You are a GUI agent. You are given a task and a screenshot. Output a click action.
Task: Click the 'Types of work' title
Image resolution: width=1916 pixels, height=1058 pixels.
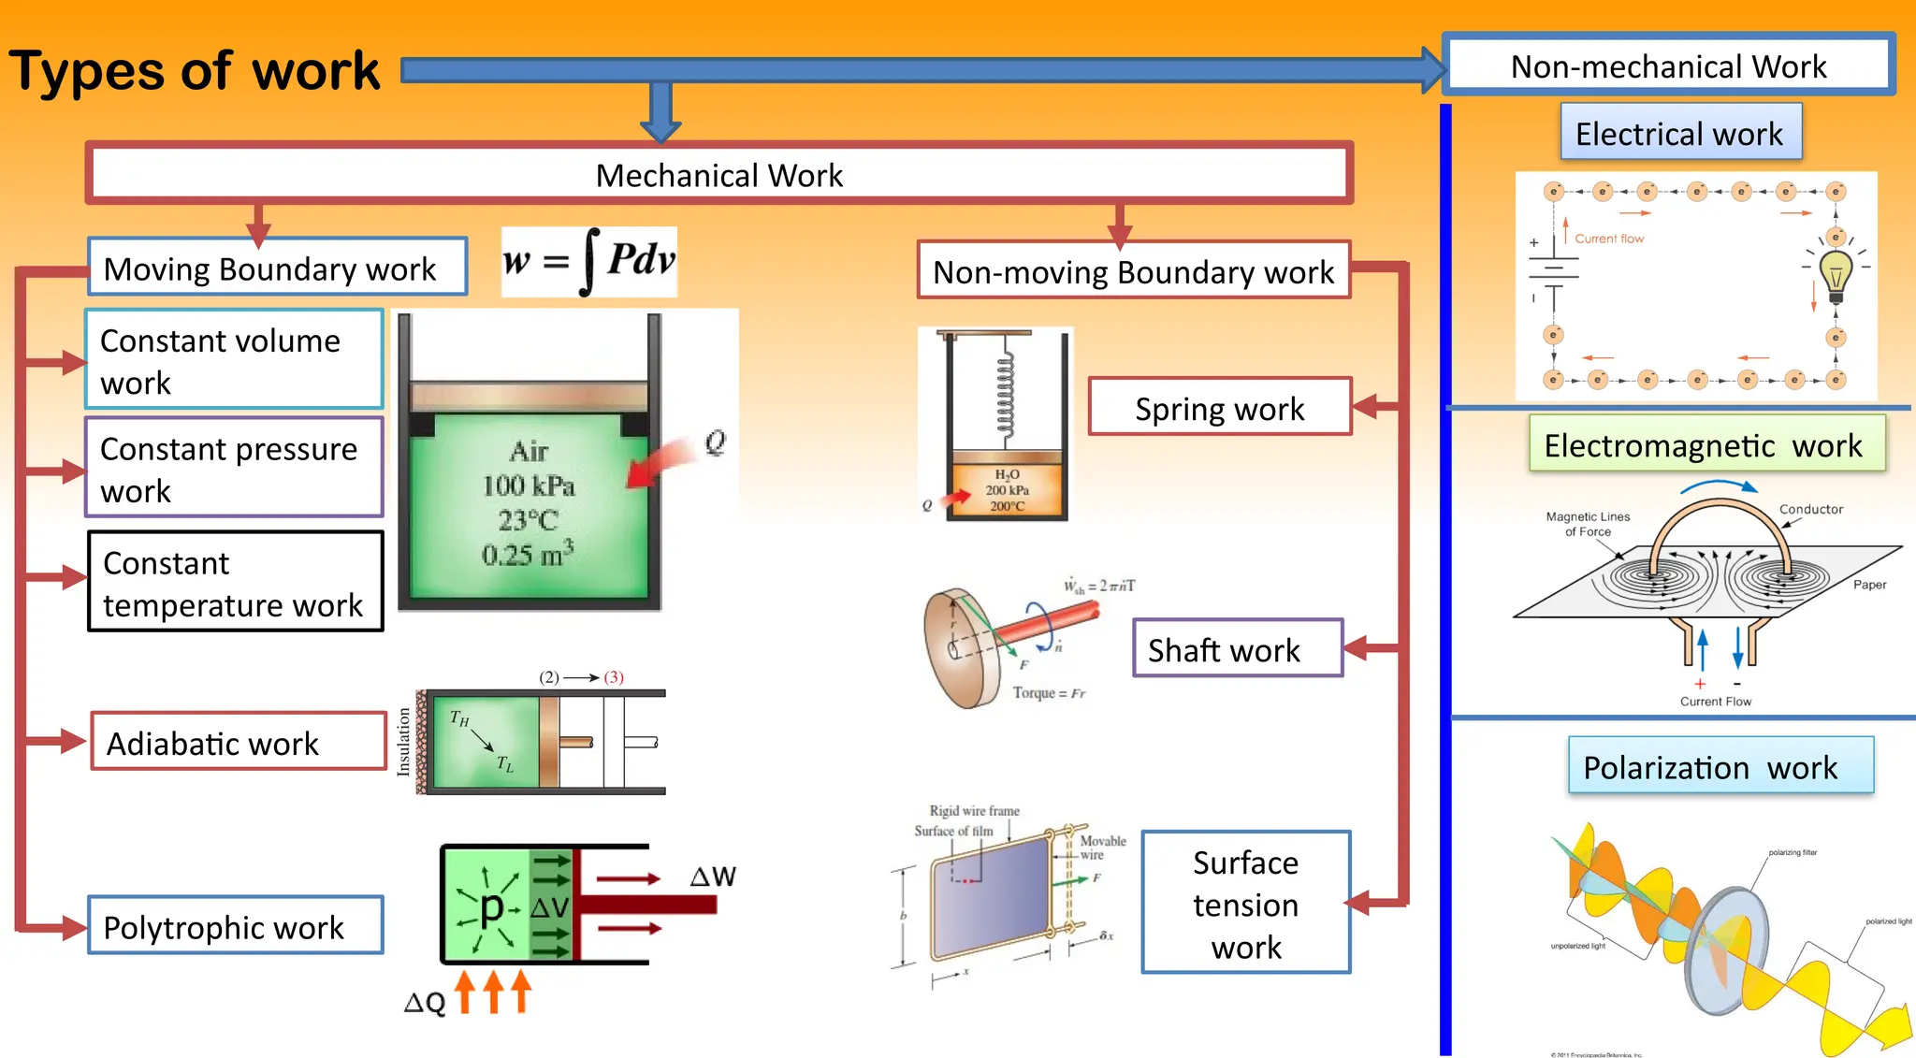tap(194, 71)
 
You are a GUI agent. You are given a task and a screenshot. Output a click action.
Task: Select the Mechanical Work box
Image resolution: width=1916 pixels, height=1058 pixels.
tap(718, 174)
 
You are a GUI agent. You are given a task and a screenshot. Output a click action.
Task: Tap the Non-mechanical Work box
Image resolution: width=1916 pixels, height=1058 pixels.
tap(1668, 65)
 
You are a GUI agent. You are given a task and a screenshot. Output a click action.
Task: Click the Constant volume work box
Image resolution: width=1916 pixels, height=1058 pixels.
tap(234, 360)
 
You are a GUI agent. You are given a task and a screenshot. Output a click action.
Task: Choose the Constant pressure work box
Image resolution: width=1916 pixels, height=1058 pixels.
tap(234, 469)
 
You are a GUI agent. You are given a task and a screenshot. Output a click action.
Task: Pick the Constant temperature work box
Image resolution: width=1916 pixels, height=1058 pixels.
tap(235, 583)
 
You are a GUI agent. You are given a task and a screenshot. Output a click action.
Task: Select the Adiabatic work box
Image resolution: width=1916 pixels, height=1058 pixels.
tap(238, 743)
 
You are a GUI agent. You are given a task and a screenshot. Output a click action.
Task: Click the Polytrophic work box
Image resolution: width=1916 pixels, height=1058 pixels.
tap(235, 926)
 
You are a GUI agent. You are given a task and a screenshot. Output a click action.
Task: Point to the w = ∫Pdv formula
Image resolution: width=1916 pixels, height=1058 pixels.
tap(588, 261)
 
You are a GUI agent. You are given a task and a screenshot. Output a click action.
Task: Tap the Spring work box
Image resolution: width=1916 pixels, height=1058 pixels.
tap(1219, 408)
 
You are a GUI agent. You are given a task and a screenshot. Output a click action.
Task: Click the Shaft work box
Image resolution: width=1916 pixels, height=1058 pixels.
tap(1236, 649)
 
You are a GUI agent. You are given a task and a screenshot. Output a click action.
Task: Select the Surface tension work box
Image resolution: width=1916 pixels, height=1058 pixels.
tap(1245, 904)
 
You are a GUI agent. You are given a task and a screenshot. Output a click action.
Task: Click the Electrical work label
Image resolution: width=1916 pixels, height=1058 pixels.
tap(1679, 134)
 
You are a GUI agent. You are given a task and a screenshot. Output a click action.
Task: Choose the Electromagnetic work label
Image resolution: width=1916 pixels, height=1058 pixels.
tap(1705, 444)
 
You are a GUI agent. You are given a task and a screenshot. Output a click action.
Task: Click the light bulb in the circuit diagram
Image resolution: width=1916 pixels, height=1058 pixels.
tap(1836, 274)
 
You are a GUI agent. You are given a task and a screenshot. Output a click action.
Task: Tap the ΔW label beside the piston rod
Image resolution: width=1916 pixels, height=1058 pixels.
tap(713, 877)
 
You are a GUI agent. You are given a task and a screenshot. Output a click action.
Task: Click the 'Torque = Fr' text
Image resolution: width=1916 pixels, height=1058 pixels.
tap(1049, 693)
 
